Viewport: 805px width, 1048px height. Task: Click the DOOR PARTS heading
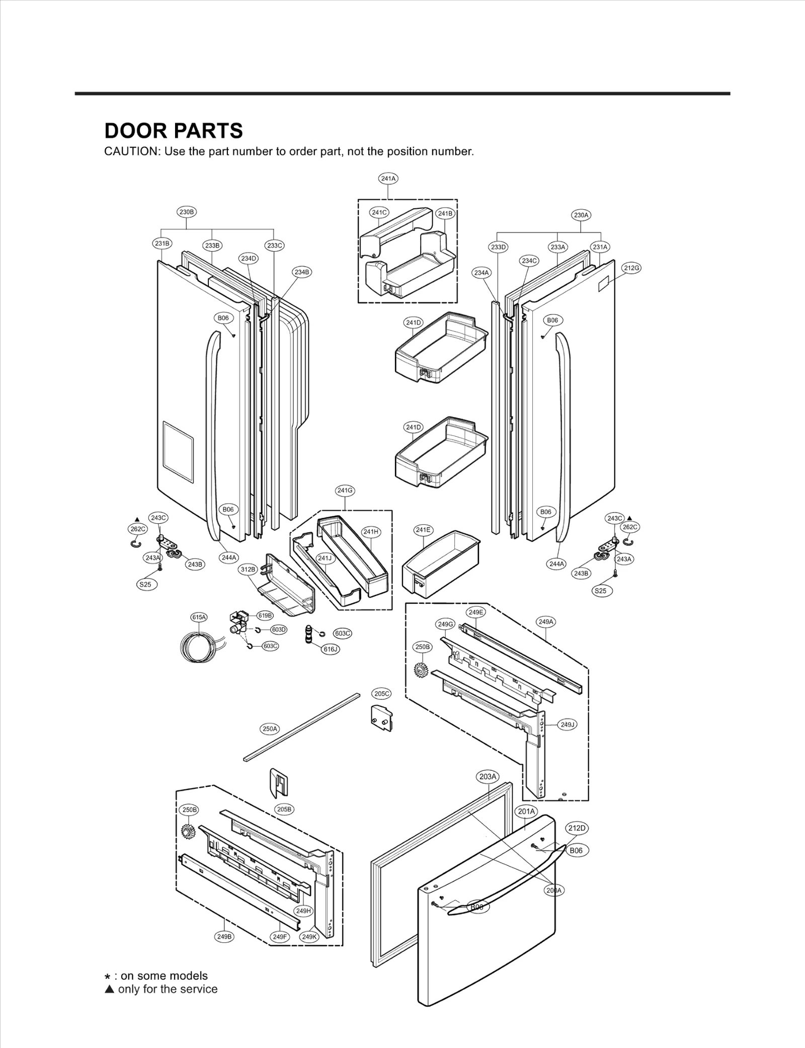click(173, 131)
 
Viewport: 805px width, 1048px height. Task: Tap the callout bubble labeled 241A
click(388, 178)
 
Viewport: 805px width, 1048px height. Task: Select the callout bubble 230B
click(186, 212)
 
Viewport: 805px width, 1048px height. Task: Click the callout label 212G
click(631, 268)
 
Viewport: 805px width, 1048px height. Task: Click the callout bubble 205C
click(381, 693)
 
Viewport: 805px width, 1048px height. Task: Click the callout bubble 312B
click(248, 569)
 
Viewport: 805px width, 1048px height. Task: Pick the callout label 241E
click(423, 530)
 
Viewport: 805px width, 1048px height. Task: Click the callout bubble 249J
click(567, 724)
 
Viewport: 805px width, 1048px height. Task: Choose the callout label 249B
click(224, 937)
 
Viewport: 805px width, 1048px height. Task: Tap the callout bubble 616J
click(331, 649)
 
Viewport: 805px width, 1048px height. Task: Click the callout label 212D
click(577, 828)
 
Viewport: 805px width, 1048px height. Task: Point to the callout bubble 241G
click(345, 491)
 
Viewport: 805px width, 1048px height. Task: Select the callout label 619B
click(265, 615)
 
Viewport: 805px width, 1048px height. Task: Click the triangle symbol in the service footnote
click(109, 989)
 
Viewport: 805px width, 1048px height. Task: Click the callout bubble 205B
click(284, 809)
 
